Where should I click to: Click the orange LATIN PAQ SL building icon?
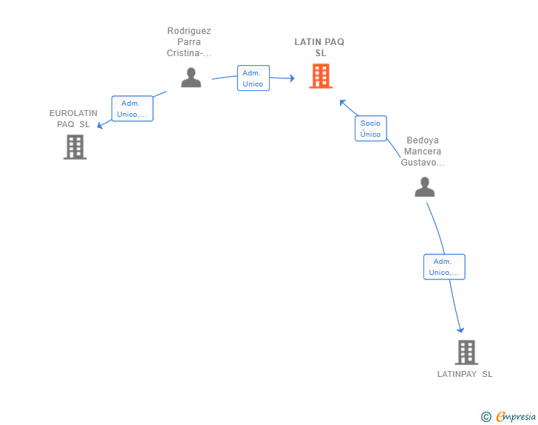pyautogui.click(x=320, y=75)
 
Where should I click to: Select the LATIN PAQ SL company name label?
pyautogui.click(x=319, y=47)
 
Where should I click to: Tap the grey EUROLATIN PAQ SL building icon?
pyautogui.click(x=75, y=147)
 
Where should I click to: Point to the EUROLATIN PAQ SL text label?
pyautogui.click(x=73, y=118)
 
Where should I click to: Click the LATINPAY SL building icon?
pyautogui.click(x=466, y=353)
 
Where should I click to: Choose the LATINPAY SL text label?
pyautogui.click(x=464, y=374)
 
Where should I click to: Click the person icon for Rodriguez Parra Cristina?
pyautogui.click(x=191, y=77)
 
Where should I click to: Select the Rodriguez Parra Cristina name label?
pyautogui.click(x=189, y=42)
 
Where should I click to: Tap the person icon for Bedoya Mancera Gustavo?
pyautogui.click(x=424, y=187)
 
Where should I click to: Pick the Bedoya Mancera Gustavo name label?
pyautogui.click(x=423, y=151)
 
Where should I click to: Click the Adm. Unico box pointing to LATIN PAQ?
pyautogui.click(x=253, y=78)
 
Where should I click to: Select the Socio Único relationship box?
pyautogui.click(x=370, y=129)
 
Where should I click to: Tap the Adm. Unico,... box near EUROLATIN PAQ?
pyautogui.click(x=132, y=109)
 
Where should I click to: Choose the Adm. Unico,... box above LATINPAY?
pyautogui.click(x=443, y=267)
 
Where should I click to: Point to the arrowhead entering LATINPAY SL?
pyautogui.click(x=460, y=330)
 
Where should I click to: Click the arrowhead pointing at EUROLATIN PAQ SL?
pyautogui.click(x=101, y=125)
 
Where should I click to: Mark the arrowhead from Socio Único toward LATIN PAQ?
pyautogui.click(x=342, y=102)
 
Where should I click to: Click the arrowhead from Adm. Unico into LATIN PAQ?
pyautogui.click(x=291, y=78)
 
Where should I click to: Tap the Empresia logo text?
pyautogui.click(x=515, y=416)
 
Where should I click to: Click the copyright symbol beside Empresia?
pyautogui.click(x=486, y=417)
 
